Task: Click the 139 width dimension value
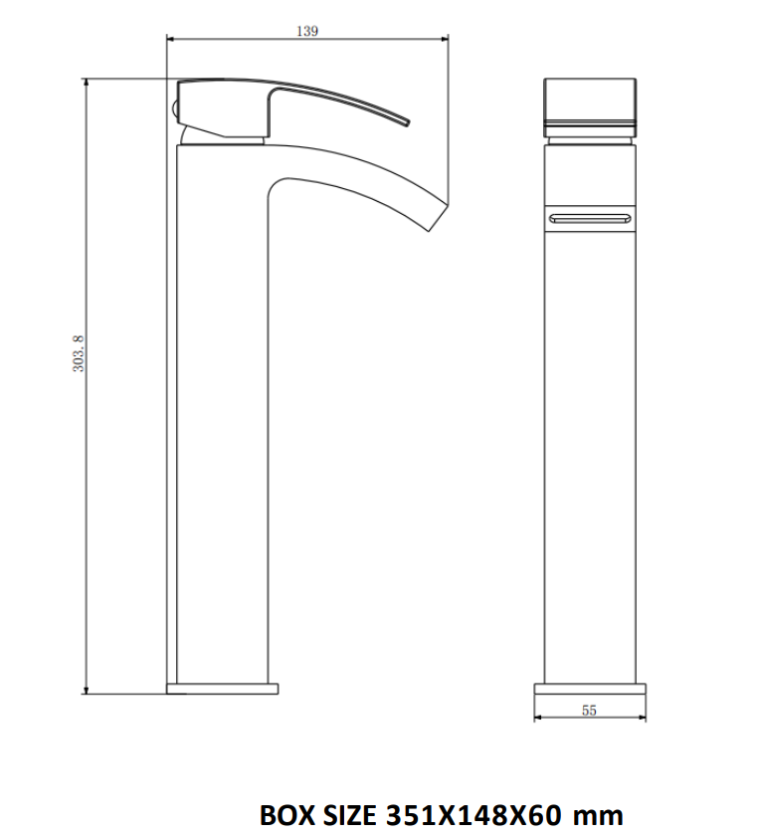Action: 307,31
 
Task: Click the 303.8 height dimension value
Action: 80,354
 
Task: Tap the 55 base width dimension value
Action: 589,710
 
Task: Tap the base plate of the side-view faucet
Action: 223,688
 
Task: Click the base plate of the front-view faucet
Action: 589,688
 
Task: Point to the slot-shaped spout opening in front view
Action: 589,216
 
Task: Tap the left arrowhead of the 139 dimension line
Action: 170,39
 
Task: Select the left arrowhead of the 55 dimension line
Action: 538,718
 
